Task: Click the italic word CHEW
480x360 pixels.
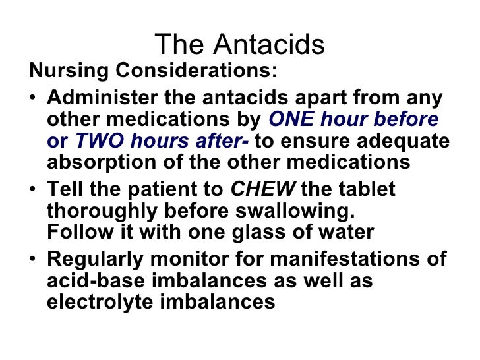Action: pyautogui.click(x=262, y=190)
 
